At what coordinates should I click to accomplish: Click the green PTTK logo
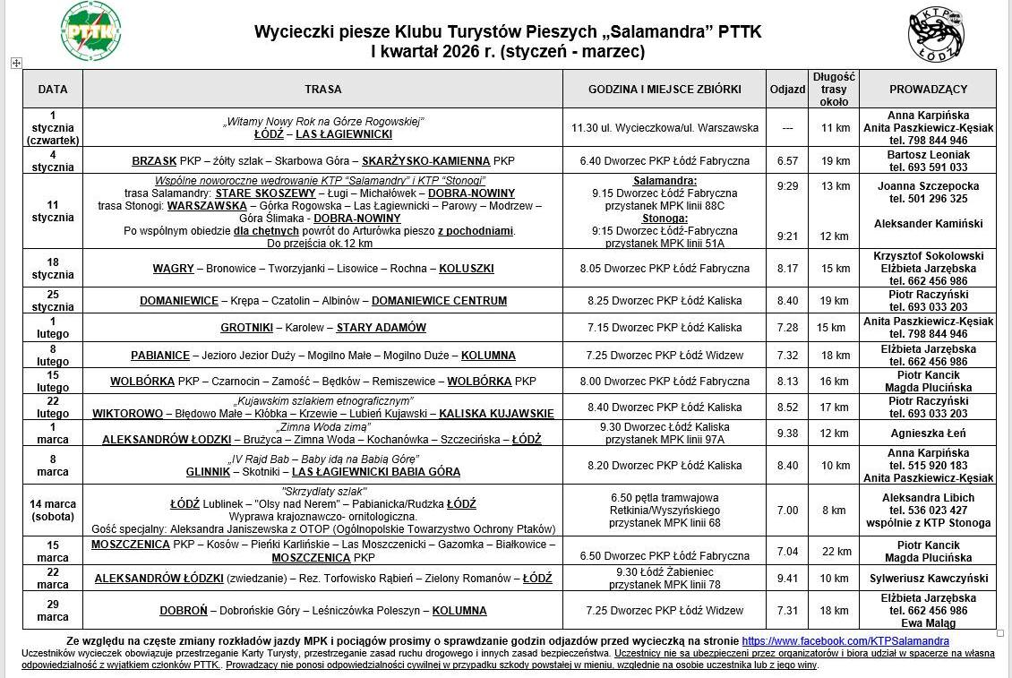point(90,31)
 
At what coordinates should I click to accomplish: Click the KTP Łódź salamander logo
point(936,33)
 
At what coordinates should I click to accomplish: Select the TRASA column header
point(322,90)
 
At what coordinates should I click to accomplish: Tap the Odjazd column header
point(787,90)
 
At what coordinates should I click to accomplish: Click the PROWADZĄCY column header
point(928,90)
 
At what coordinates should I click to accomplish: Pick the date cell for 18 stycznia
point(53,268)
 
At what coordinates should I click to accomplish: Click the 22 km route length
point(836,552)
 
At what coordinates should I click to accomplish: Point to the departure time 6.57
point(787,161)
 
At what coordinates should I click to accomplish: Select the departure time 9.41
point(787,579)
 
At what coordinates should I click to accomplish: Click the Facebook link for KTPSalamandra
point(845,641)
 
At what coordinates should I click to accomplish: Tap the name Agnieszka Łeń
point(928,433)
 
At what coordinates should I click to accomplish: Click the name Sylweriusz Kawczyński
point(929,579)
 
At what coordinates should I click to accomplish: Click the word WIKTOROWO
point(127,414)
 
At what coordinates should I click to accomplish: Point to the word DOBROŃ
point(184,611)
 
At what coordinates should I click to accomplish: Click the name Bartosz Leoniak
point(928,155)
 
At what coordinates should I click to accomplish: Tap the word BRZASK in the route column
point(154,161)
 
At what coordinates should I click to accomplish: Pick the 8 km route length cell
point(834,511)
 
